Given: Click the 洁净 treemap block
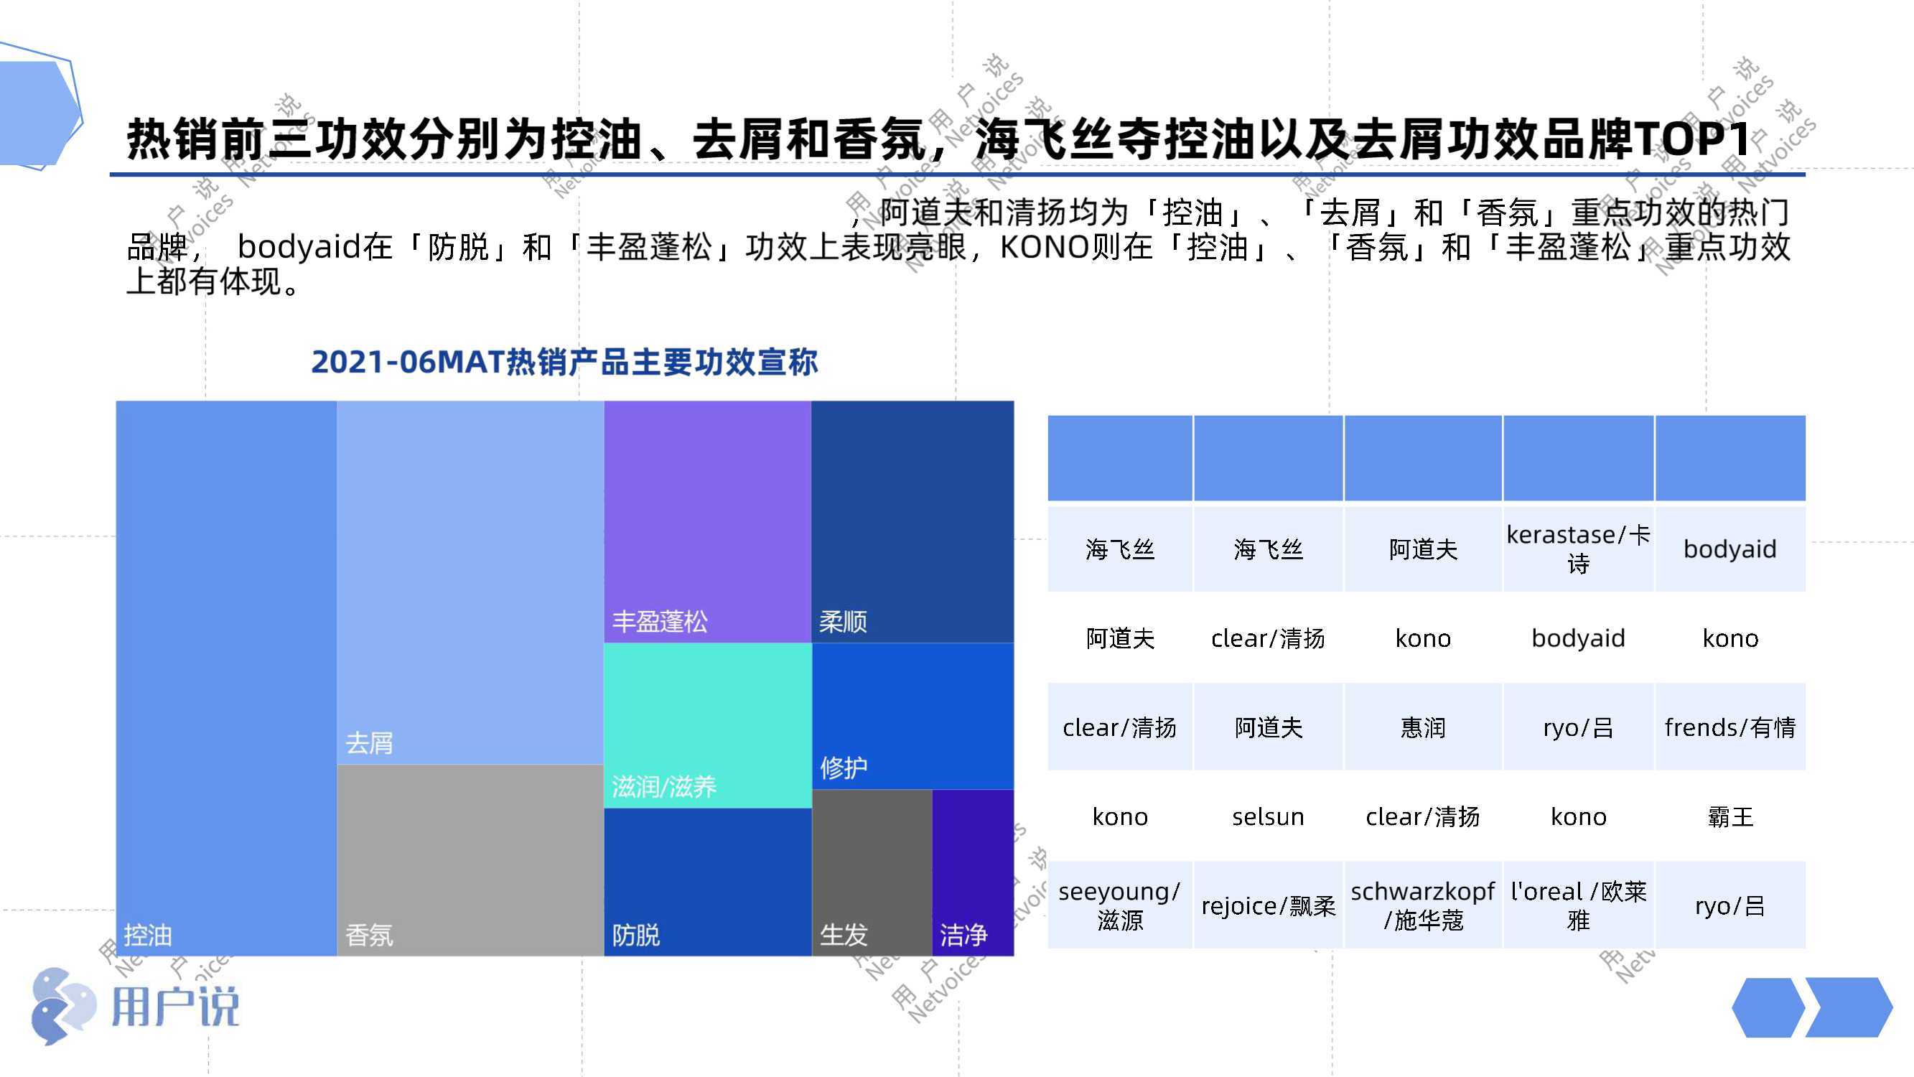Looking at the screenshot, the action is point(973,872).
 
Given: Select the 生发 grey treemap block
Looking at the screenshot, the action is point(872,872).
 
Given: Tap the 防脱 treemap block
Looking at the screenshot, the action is point(707,882).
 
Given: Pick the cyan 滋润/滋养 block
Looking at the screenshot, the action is point(707,725).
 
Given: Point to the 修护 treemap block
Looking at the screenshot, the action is point(913,716).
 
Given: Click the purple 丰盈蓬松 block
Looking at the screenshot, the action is point(707,522).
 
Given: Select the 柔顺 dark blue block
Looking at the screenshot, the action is point(913,522).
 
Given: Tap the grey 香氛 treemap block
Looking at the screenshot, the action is point(470,860).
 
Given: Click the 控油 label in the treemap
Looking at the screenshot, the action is point(148,934).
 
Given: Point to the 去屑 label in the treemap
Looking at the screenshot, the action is point(369,742).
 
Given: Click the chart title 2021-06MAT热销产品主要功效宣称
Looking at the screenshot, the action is point(565,362).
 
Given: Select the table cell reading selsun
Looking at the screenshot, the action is point(1269,816).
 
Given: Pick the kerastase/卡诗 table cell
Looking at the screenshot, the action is point(1578,549).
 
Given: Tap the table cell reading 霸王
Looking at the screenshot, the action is point(1730,816).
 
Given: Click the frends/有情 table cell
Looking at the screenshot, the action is point(1730,727).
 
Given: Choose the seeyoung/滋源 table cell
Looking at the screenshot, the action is point(1120,905).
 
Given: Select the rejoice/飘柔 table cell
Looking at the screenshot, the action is point(1269,905).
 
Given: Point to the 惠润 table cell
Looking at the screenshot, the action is point(1423,727).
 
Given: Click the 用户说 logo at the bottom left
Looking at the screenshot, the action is point(136,1007).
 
